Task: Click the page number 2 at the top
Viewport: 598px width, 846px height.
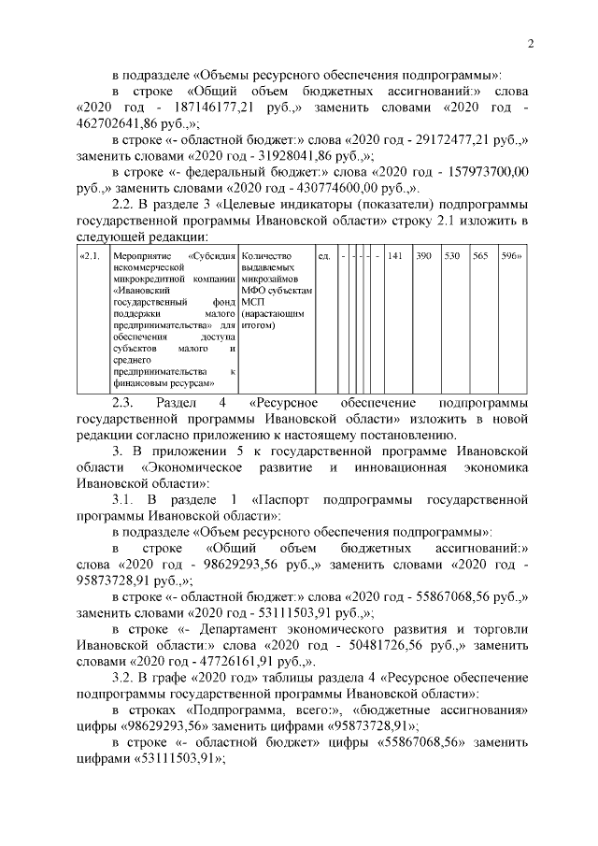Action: coord(529,43)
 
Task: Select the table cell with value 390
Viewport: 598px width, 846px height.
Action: coord(423,255)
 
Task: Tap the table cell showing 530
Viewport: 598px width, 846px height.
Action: coord(452,255)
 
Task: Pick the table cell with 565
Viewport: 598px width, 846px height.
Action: coord(481,255)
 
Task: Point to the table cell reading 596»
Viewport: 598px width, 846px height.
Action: coord(511,255)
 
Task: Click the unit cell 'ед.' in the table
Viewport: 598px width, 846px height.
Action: coord(324,255)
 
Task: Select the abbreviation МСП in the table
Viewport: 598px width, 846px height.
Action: coord(252,303)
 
